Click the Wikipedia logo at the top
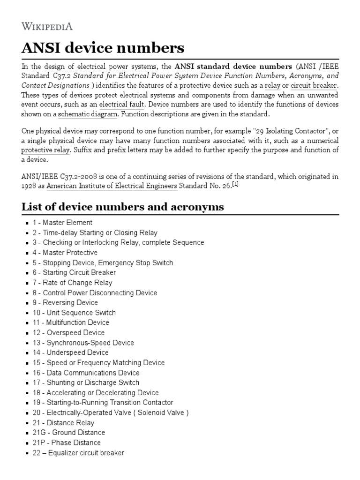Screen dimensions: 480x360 pyautogui.click(x=47, y=26)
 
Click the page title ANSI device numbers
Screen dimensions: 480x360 pyautogui.click(x=103, y=48)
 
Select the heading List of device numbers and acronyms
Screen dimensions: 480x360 pyautogui.click(x=123, y=207)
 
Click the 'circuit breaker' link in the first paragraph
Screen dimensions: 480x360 pyautogui.click(x=314, y=86)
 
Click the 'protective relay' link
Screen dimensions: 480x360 pyautogui.click(x=45, y=150)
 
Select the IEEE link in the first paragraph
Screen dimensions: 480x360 pyautogui.click(x=330, y=66)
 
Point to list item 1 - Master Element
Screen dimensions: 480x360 pyautogui.click(x=62, y=223)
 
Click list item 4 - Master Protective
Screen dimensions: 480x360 pyautogui.click(x=65, y=253)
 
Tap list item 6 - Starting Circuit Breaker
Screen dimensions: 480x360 pyautogui.click(x=74, y=272)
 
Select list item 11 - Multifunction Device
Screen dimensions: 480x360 pyautogui.click(x=71, y=322)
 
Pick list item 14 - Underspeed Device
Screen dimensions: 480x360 pyautogui.click(x=70, y=352)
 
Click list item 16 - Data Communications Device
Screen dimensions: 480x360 pyautogui.click(x=86, y=373)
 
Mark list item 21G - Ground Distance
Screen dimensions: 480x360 pyautogui.click(x=68, y=433)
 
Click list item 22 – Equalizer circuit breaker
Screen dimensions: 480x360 pyautogui.click(x=78, y=453)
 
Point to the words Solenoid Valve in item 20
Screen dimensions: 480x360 pyautogui.click(x=158, y=412)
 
